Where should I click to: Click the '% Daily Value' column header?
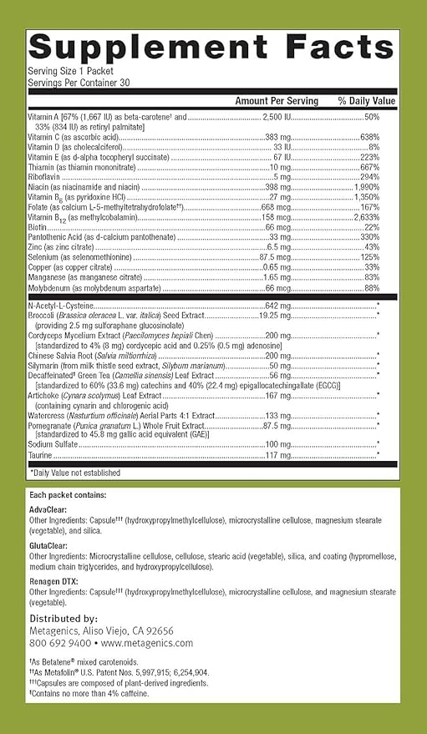click(x=358, y=100)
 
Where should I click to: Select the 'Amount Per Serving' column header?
click(x=277, y=100)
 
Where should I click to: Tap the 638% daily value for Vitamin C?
click(x=370, y=136)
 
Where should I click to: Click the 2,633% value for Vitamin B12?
click(x=367, y=217)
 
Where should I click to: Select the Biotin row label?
click(x=38, y=227)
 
